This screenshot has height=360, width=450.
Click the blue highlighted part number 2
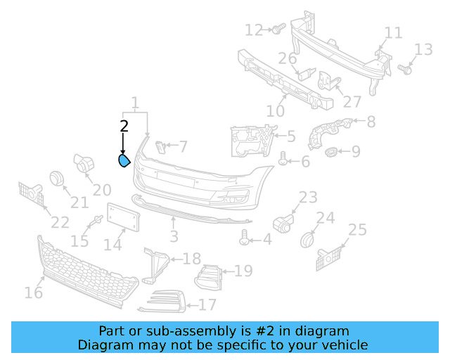[x=123, y=162]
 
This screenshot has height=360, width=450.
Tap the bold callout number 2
[x=124, y=127]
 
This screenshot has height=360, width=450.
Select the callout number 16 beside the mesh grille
[x=33, y=292]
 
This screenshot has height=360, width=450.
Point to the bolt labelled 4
[x=245, y=240]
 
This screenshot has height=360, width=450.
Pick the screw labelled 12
[x=277, y=29]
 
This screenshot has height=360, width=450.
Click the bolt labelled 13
[x=405, y=70]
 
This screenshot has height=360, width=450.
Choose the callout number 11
[x=393, y=33]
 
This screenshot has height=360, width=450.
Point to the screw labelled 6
[x=283, y=160]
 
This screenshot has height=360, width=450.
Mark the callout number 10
[x=276, y=110]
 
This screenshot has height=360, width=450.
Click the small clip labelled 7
[x=160, y=146]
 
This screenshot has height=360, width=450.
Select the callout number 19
[x=243, y=271]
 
